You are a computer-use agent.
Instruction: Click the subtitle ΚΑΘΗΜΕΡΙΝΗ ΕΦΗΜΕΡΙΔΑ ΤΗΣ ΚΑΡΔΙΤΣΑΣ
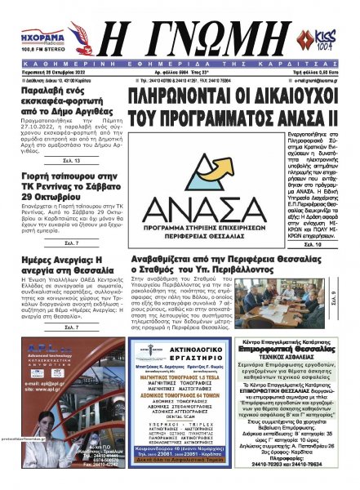pos(180,60)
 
